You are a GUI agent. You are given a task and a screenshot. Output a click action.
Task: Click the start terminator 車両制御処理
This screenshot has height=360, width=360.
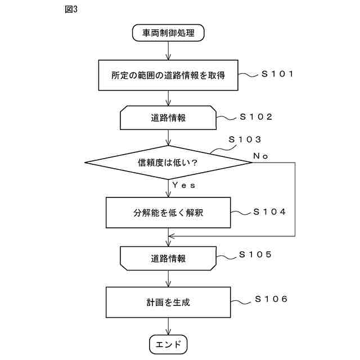(x=168, y=33)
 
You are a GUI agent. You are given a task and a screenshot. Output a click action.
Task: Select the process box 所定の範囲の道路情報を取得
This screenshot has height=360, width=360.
(x=168, y=75)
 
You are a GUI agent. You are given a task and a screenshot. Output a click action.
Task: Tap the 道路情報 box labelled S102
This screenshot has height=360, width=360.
(x=168, y=118)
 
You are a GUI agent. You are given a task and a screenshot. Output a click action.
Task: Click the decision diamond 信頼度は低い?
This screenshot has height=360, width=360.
(x=168, y=163)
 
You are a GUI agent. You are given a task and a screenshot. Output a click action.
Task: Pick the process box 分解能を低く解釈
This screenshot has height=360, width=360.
(x=168, y=213)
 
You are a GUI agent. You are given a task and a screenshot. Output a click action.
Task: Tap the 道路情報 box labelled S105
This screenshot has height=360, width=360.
(x=168, y=258)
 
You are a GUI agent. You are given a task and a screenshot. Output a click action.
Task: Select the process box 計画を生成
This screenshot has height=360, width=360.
(x=168, y=302)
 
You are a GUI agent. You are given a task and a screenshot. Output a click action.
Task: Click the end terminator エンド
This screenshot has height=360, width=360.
(x=168, y=344)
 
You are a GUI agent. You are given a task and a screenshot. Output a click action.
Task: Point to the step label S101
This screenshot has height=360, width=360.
(x=277, y=74)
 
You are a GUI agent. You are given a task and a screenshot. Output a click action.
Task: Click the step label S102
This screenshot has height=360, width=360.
(x=256, y=117)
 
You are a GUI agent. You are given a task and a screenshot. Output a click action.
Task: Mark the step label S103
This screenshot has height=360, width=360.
(x=245, y=139)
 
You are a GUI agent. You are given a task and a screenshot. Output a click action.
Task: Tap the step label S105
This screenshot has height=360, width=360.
(x=256, y=254)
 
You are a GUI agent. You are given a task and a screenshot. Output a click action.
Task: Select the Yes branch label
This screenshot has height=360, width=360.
(x=183, y=184)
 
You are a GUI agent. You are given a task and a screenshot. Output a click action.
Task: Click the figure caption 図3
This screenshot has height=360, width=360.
(x=71, y=11)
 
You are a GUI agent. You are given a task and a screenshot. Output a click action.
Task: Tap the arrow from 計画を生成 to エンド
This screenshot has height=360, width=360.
(x=168, y=326)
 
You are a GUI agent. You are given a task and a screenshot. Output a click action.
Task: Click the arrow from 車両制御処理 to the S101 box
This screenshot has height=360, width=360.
(x=168, y=51)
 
